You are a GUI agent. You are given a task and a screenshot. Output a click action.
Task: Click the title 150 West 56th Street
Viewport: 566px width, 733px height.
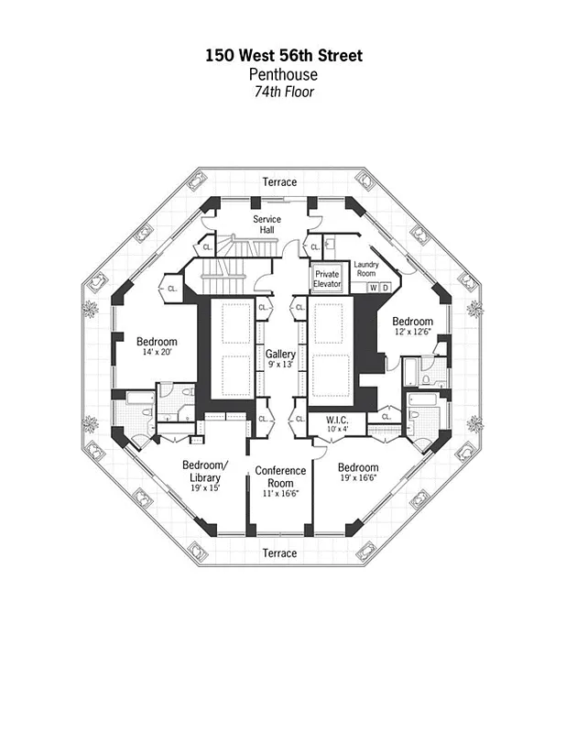coord(284,57)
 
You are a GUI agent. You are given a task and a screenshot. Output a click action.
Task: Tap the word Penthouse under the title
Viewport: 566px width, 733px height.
coord(284,74)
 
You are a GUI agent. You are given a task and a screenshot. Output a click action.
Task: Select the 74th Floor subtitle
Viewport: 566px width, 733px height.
coord(284,92)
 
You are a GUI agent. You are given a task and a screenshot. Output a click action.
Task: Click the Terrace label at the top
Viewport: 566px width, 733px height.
coord(279,182)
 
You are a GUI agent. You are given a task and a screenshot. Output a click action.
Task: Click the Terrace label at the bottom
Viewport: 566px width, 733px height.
coord(279,553)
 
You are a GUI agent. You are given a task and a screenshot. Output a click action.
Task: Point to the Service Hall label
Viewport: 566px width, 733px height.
coord(267,224)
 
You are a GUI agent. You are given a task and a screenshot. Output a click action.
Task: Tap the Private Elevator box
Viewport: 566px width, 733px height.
coord(327,279)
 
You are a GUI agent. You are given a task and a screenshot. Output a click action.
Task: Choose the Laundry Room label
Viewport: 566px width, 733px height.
coord(365,269)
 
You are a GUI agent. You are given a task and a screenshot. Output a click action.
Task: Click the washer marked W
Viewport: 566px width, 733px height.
coord(373,288)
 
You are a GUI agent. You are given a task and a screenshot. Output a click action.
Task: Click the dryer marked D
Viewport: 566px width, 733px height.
coord(386,288)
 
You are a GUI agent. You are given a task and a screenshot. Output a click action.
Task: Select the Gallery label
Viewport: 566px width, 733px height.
coord(280,354)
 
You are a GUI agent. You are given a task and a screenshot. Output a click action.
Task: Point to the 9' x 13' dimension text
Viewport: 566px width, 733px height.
coord(280,365)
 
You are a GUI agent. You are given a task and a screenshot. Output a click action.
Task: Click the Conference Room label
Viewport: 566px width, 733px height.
coord(279,477)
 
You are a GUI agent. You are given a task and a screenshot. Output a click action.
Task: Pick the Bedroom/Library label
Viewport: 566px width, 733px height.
coord(204,471)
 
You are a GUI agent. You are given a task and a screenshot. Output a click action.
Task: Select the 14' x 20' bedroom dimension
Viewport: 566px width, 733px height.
coord(157,353)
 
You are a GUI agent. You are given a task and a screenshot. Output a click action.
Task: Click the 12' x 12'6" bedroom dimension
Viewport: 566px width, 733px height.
coord(412,333)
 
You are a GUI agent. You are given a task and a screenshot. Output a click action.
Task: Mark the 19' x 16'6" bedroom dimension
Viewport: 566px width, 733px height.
coord(358,478)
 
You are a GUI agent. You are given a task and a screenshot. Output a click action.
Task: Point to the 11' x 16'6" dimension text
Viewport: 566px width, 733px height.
coord(280,494)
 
